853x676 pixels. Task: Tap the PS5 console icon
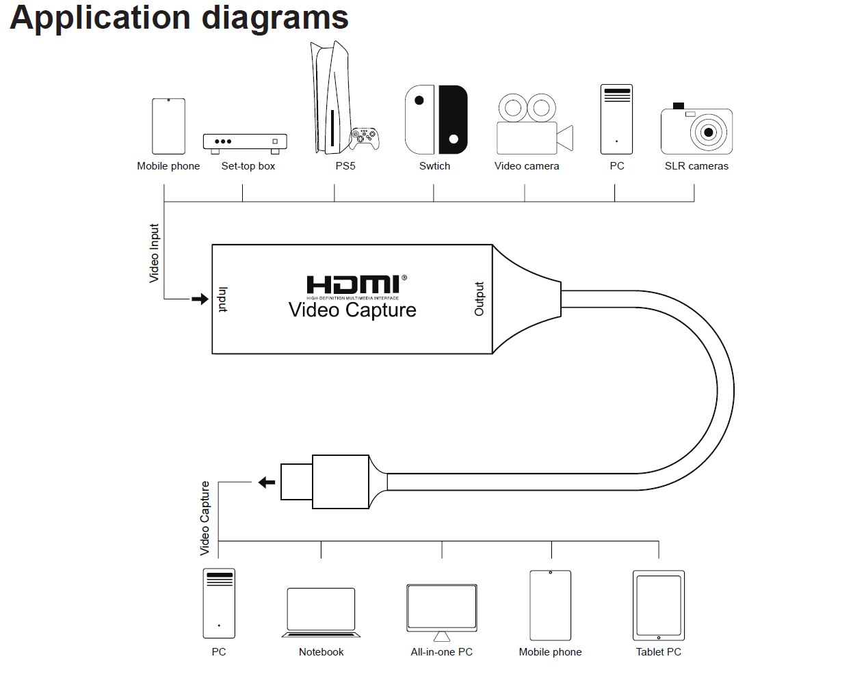coord(324,100)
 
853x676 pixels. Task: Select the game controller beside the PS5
coord(365,138)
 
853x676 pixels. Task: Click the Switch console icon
coord(436,120)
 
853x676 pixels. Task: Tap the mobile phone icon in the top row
coord(168,126)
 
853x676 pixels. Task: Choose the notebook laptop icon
coord(321,612)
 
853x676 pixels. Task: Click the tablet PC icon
coord(658,606)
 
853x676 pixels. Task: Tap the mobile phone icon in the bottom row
coord(550,606)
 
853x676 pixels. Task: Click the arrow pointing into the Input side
coord(200,299)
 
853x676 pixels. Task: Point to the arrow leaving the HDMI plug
coord(267,482)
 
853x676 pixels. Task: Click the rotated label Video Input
coord(154,253)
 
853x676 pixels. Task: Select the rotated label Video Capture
coord(205,517)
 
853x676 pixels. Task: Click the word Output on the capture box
coord(479,299)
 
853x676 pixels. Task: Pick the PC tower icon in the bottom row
coord(219,604)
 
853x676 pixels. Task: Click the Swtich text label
coord(434,166)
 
